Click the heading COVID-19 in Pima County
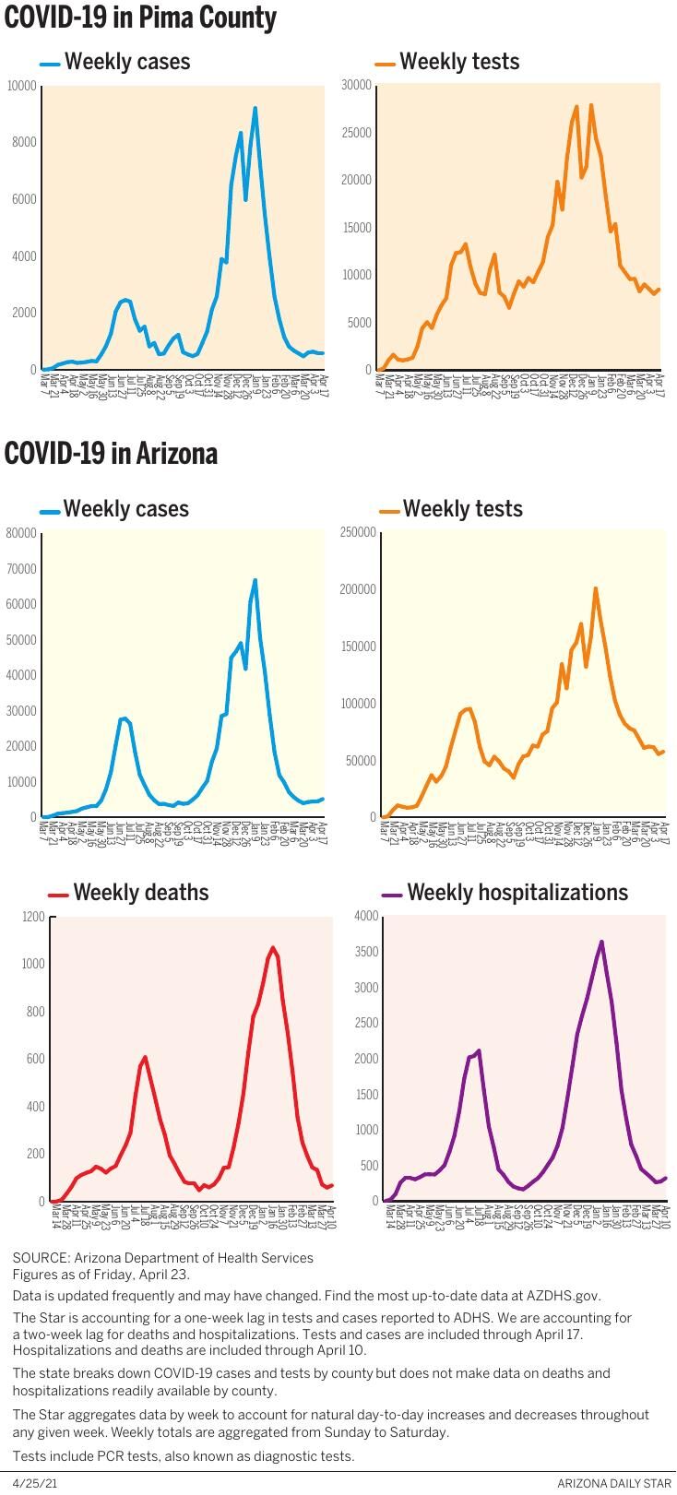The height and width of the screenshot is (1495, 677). pyautogui.click(x=140, y=18)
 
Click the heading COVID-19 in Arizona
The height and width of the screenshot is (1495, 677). pyautogui.click(x=111, y=454)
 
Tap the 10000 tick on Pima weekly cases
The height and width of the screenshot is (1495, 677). pyautogui.click(x=22, y=86)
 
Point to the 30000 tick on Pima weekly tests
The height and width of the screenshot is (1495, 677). pyautogui.click(x=356, y=85)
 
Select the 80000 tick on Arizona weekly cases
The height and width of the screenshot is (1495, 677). pyautogui.click(x=21, y=533)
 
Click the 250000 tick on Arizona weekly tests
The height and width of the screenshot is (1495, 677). pyautogui.click(x=358, y=532)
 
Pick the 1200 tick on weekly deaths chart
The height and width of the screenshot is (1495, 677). pyautogui.click(x=33, y=917)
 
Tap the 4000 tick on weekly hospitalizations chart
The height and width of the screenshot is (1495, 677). pyautogui.click(x=366, y=916)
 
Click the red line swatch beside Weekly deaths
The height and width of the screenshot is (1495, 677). pyautogui.click(x=58, y=895)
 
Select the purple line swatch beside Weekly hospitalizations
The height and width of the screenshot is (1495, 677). pyautogui.click(x=392, y=895)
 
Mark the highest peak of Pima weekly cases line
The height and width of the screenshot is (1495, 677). pyautogui.click(x=255, y=109)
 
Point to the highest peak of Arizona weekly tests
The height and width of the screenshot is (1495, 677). pyautogui.click(x=595, y=588)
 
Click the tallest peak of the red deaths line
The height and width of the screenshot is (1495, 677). pyautogui.click(x=272, y=947)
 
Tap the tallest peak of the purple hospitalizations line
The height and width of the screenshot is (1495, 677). pyautogui.click(x=601, y=942)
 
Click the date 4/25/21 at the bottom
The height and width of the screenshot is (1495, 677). pyautogui.click(x=30, y=1482)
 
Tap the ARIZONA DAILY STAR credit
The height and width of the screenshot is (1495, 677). pyautogui.click(x=614, y=1482)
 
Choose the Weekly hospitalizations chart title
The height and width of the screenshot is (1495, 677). pyautogui.click(x=517, y=893)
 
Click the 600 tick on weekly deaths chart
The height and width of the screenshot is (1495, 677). pyautogui.click(x=35, y=1060)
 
